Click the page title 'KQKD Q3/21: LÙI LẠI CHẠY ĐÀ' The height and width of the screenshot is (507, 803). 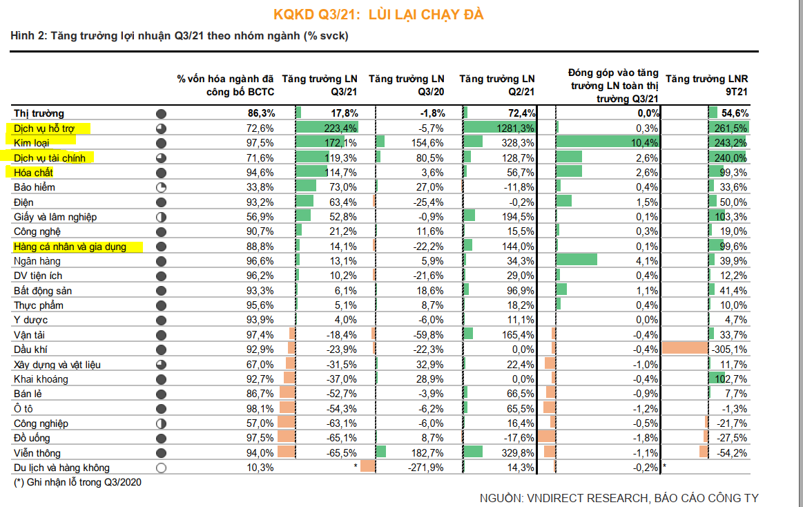[x=403, y=15]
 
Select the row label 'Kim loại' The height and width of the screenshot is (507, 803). [x=34, y=143]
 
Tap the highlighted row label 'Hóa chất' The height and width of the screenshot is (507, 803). [x=34, y=172]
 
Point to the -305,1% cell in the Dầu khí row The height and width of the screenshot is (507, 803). [x=729, y=350]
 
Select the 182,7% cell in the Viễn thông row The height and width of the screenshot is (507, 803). [x=428, y=453]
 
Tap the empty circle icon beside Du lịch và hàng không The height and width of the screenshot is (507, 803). [x=162, y=468]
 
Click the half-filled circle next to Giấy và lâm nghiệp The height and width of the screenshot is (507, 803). [x=162, y=217]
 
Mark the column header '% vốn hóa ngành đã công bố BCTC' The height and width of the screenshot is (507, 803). [x=226, y=85]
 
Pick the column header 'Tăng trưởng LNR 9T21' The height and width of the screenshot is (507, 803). [x=708, y=85]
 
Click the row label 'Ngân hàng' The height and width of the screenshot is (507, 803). [x=37, y=261]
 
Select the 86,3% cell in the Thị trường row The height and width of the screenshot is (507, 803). [x=261, y=113]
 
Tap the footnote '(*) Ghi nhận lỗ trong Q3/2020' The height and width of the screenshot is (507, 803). [x=77, y=482]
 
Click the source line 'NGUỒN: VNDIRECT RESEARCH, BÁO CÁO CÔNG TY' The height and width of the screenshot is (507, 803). [x=619, y=498]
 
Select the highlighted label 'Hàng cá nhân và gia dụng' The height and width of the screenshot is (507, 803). [x=70, y=247]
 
